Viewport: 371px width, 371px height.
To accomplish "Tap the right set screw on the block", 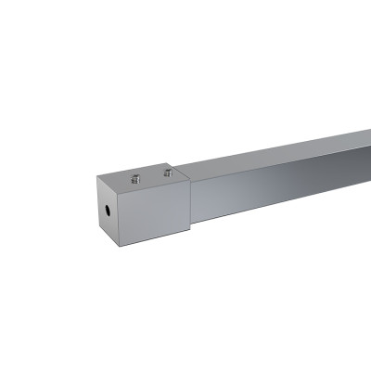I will pyautogui.click(x=167, y=172).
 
